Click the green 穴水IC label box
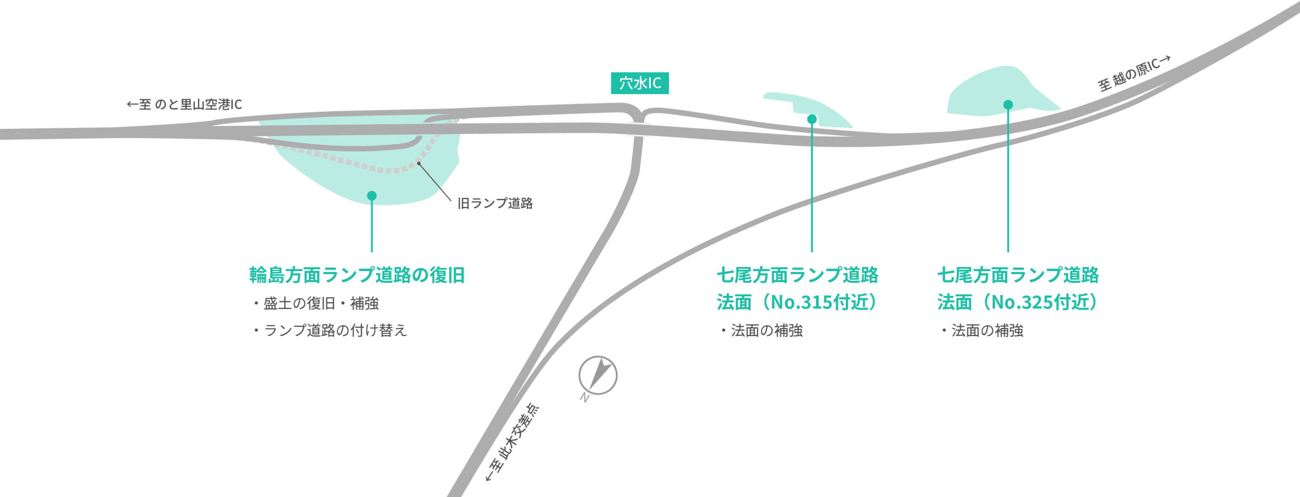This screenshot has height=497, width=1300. (x=640, y=83)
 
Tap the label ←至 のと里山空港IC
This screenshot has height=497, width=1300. (x=184, y=104)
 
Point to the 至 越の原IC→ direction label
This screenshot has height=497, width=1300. (x=1133, y=74)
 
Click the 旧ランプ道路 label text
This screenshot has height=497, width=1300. (x=495, y=203)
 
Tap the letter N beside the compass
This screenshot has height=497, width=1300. (x=585, y=398)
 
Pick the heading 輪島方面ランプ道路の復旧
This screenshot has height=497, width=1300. (x=357, y=275)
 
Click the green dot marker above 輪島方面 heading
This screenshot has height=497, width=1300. (x=372, y=196)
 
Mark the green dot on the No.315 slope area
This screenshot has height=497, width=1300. (x=812, y=119)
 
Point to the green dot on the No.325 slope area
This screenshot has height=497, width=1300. (x=1008, y=104)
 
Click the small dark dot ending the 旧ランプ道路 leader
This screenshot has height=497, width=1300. (x=419, y=163)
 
